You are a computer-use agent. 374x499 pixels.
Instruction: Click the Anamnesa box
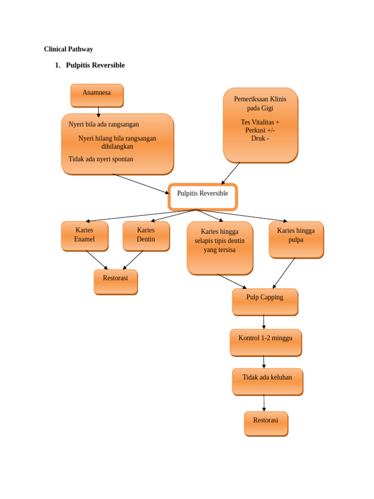point(97,95)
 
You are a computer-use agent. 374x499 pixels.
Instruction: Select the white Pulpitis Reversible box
point(203,197)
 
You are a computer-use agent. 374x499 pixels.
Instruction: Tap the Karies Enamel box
point(84,236)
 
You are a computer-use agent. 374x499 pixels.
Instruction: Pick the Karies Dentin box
point(146,236)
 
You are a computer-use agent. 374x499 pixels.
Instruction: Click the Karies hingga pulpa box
point(296,239)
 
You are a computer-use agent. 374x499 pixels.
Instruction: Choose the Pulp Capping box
point(265,302)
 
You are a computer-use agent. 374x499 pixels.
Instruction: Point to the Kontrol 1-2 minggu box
point(265,342)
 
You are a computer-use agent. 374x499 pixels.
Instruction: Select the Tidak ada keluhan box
point(267,381)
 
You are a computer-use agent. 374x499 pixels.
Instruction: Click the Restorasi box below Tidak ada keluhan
point(266,423)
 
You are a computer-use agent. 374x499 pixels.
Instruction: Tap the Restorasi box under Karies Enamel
point(115,282)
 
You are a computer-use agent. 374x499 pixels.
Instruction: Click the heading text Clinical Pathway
point(68,49)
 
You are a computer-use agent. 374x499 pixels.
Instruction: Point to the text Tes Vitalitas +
point(260,122)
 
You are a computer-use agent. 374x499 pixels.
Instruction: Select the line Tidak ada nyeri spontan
point(101,159)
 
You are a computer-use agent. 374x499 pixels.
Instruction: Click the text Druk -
point(260,138)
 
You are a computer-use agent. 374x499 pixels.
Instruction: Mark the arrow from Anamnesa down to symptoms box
point(98,112)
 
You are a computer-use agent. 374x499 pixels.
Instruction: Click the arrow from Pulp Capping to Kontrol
point(264,322)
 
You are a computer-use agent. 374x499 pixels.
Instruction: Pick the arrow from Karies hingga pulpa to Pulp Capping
point(284,273)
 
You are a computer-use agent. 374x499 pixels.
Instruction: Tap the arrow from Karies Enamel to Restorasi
point(96,260)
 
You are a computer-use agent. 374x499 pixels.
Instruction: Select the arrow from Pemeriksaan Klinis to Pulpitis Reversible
point(231,173)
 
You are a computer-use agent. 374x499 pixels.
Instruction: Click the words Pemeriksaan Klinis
point(260,99)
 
